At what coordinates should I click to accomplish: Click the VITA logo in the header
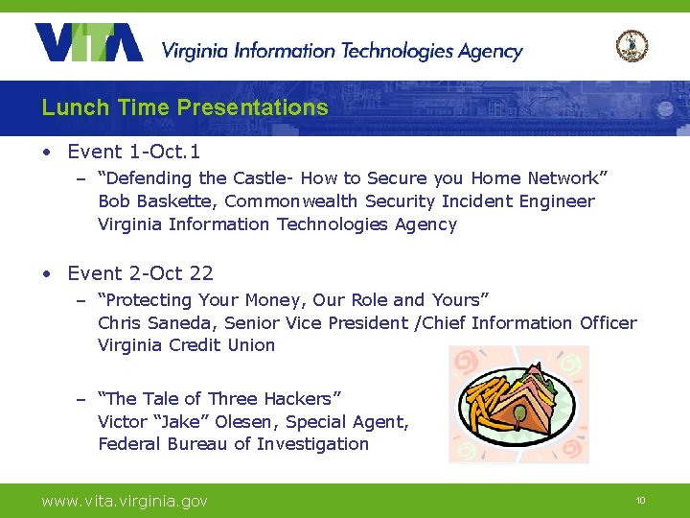point(89,43)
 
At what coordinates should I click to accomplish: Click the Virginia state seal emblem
point(632,45)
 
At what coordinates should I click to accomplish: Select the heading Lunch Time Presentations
point(185,107)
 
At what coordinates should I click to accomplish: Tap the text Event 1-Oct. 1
point(133,152)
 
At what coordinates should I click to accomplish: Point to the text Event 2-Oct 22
point(140,273)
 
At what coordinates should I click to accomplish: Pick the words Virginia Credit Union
point(186,345)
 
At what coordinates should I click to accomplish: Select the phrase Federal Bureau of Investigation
point(233,444)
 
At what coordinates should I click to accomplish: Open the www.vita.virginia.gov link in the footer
point(124,501)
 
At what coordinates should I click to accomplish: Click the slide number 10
point(641,501)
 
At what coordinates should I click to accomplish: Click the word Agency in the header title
point(489,52)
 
